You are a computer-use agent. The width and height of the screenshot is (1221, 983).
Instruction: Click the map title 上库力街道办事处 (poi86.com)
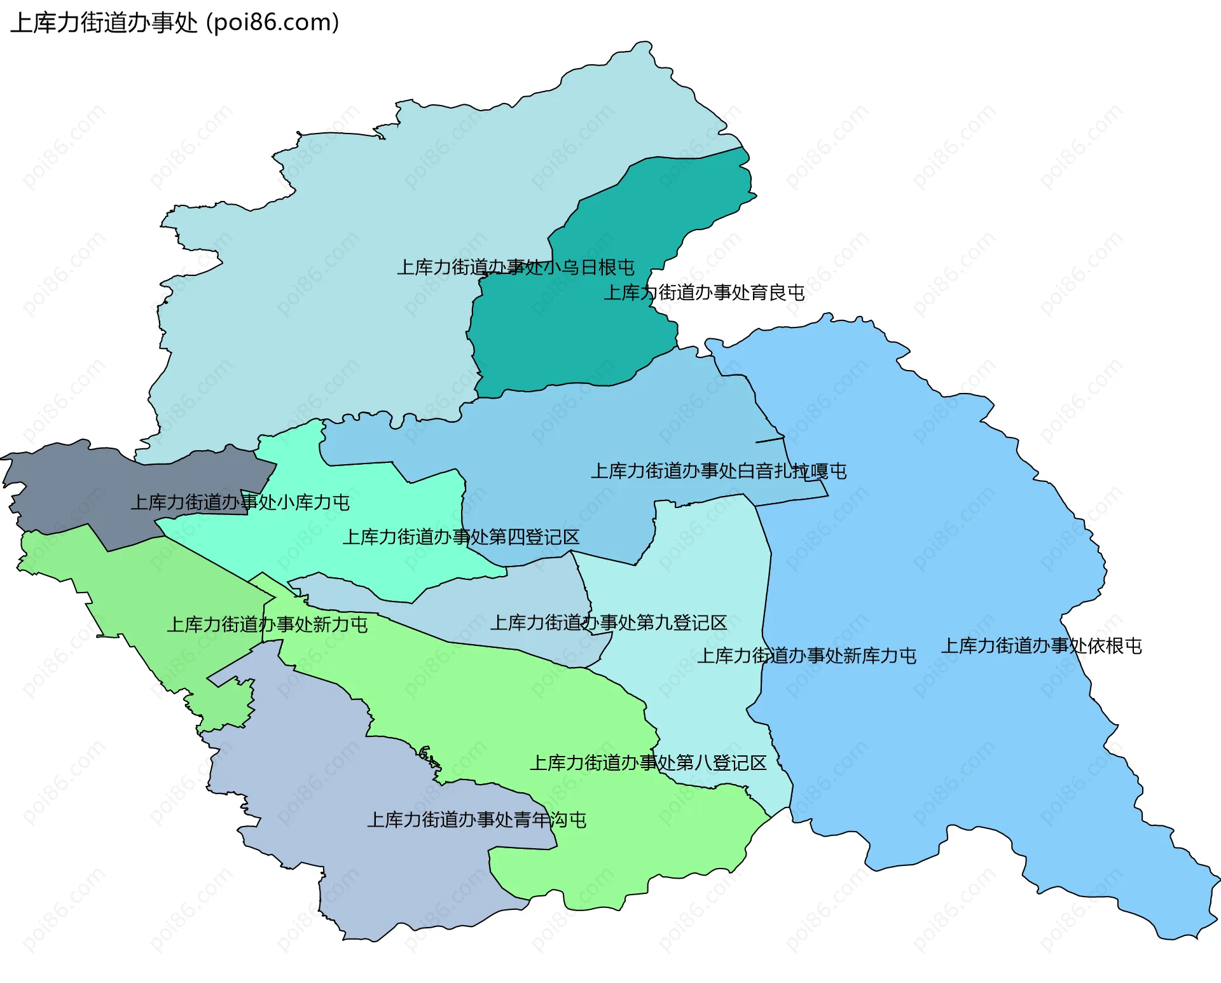(174, 23)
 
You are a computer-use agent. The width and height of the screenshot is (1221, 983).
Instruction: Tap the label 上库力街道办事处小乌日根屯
(515, 267)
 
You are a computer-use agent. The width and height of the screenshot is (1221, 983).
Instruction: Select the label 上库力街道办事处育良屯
(703, 292)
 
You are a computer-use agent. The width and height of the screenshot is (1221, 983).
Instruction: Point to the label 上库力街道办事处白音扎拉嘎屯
(718, 471)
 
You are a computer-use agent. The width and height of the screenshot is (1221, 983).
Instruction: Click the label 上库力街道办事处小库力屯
(240, 502)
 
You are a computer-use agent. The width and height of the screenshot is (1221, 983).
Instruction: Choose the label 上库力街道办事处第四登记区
(460, 537)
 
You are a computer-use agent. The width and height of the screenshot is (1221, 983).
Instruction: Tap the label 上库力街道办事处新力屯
(266, 624)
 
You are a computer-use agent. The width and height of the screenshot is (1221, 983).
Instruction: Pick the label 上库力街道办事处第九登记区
(608, 622)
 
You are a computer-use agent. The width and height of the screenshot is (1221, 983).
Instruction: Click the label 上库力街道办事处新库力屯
(806, 656)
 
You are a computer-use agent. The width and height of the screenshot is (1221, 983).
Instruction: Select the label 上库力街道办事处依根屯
(1041, 646)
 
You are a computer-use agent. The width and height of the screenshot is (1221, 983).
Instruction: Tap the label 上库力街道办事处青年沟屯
(476, 820)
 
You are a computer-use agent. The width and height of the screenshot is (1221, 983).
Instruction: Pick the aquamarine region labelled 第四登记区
(382, 566)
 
